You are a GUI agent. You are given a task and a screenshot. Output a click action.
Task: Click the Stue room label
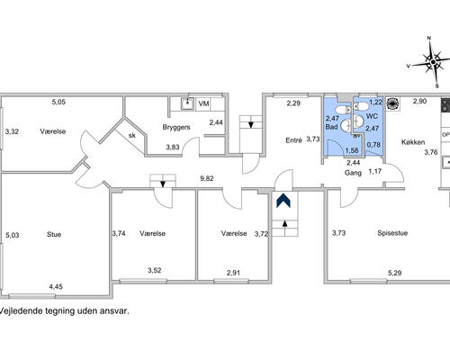point(54,234)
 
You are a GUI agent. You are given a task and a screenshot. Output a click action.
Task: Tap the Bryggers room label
point(176,127)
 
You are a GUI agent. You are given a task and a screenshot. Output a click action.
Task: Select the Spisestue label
point(392,233)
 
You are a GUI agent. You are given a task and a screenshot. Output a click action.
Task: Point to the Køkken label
point(413,142)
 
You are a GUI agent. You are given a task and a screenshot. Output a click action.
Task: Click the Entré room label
point(293,140)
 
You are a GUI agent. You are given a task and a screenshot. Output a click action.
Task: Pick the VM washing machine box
point(203,103)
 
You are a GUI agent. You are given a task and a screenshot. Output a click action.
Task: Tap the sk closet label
point(132,135)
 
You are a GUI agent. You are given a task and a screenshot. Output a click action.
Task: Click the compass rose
point(433,62)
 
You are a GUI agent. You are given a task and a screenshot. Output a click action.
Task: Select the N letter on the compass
point(429,38)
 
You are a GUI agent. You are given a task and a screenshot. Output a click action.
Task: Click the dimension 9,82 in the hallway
point(207,178)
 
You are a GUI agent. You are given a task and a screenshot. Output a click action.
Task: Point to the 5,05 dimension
point(58,102)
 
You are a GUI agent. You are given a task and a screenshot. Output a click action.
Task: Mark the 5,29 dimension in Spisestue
point(395,273)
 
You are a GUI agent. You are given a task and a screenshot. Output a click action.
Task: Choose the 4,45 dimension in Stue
point(56,287)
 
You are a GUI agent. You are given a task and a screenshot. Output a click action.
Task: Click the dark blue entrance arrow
point(283,200)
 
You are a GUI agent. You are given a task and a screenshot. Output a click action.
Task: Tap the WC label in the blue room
point(372,116)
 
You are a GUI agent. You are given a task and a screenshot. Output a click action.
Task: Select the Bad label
point(331,127)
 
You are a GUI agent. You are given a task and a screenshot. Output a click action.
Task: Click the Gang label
point(353,173)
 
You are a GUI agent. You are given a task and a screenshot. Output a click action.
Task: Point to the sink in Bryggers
point(187,103)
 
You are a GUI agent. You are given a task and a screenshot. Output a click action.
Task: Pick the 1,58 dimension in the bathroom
point(352,150)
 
